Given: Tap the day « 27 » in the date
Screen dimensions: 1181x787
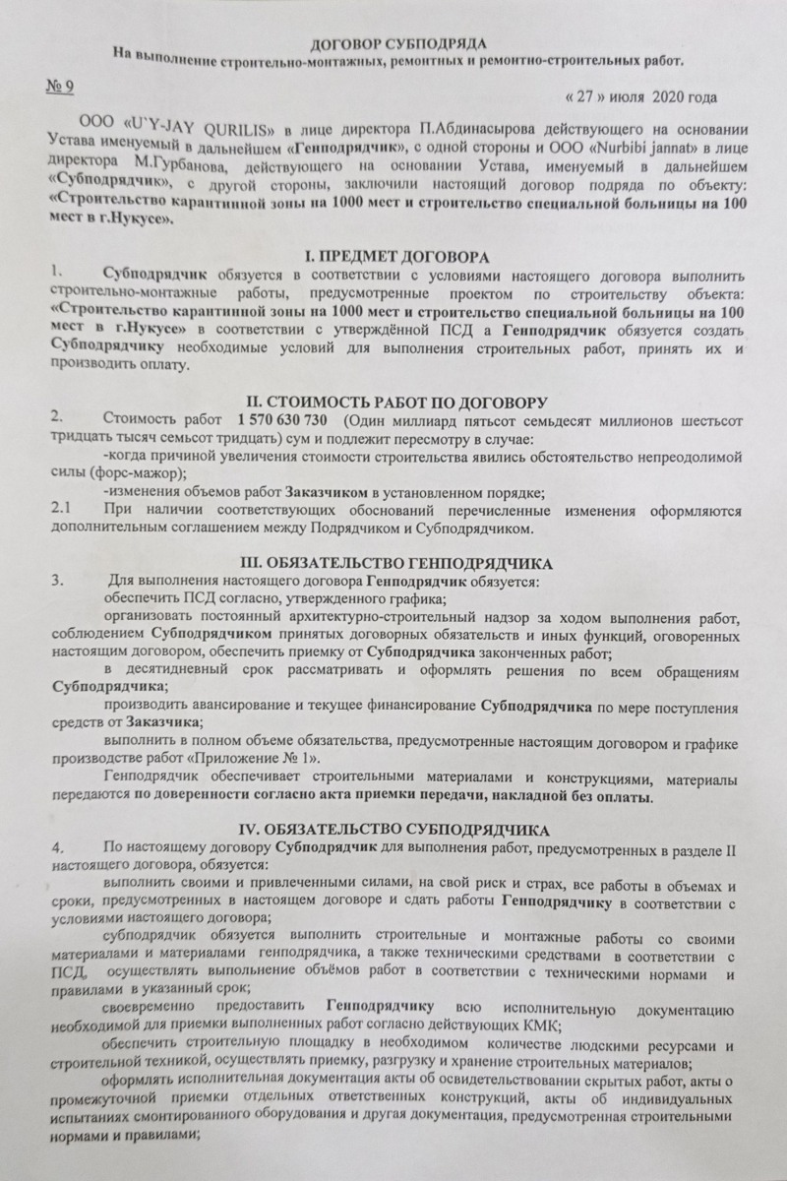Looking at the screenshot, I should point(587,97).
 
